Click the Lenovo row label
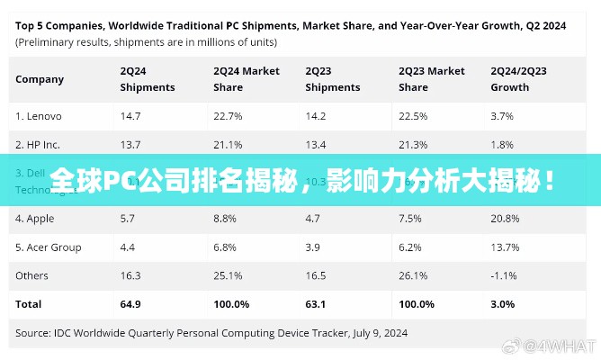[38, 116]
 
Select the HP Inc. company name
[38, 144]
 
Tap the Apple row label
[34, 219]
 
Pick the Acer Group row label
[49, 247]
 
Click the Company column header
[40, 79]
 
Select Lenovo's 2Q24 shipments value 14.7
[130, 116]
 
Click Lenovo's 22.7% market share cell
[228, 116]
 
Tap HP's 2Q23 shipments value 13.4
[317, 144]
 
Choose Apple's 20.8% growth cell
[505, 219]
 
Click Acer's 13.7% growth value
[505, 247]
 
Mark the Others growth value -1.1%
[503, 275]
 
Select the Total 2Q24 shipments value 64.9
[130, 304]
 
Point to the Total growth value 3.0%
[502, 304]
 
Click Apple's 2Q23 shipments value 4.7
[313, 219]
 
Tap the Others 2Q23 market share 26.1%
[413, 275]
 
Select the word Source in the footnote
[33, 333]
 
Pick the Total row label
[29, 304]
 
